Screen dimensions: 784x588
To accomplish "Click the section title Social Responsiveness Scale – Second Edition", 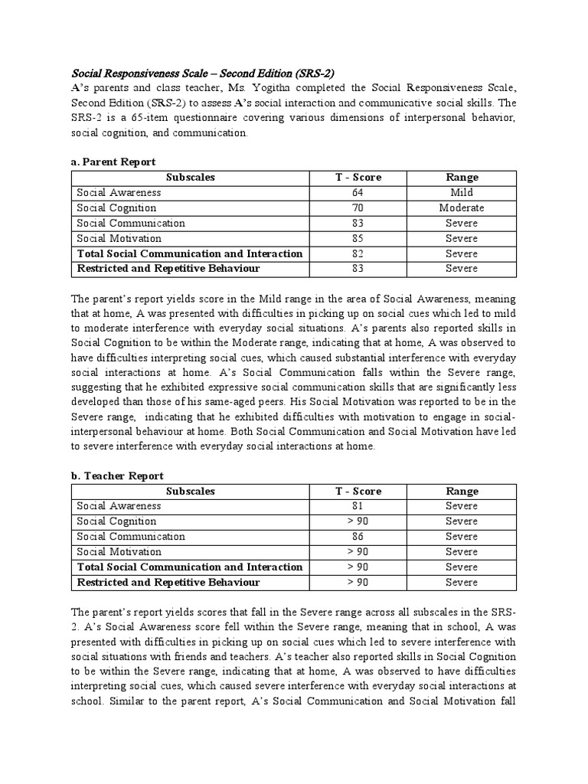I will (x=203, y=73).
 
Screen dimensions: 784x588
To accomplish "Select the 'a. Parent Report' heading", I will (x=113, y=162).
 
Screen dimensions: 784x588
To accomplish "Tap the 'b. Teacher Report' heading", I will (x=117, y=475).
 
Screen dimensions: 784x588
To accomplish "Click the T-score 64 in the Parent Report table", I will (x=358, y=193).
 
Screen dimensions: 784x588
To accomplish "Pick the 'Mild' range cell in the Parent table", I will (x=462, y=193).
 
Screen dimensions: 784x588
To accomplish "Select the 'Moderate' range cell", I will (x=462, y=208).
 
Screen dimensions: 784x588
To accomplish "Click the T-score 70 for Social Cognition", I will (x=358, y=208).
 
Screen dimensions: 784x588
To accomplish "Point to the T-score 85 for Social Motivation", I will (x=358, y=238).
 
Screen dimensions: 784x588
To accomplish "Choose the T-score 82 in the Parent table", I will (x=358, y=253).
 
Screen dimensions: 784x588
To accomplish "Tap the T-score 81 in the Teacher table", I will (x=358, y=506).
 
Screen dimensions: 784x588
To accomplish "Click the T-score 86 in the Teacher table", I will (x=358, y=537).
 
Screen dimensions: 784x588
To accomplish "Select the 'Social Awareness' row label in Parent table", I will (x=119, y=193).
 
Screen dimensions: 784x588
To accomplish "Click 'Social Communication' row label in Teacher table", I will (x=131, y=537).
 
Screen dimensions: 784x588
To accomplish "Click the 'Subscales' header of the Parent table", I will (x=191, y=178).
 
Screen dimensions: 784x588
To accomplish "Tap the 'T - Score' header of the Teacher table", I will (x=358, y=491).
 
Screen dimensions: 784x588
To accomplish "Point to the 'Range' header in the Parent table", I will (x=462, y=178).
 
